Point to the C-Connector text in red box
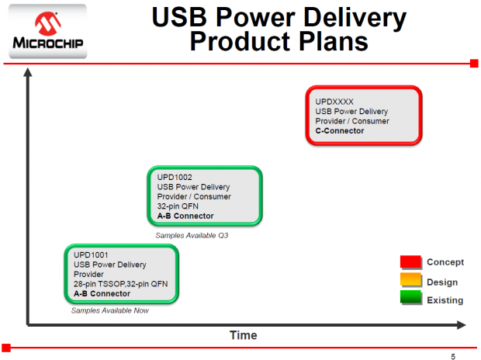click(340, 131)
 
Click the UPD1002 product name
click(175, 177)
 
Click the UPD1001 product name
click(91, 254)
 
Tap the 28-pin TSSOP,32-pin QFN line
click(120, 284)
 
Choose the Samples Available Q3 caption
click(192, 235)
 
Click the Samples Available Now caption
click(109, 310)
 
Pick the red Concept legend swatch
click(410, 261)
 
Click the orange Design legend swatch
click(410, 281)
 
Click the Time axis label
click(243, 335)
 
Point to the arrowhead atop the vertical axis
click(29, 74)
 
